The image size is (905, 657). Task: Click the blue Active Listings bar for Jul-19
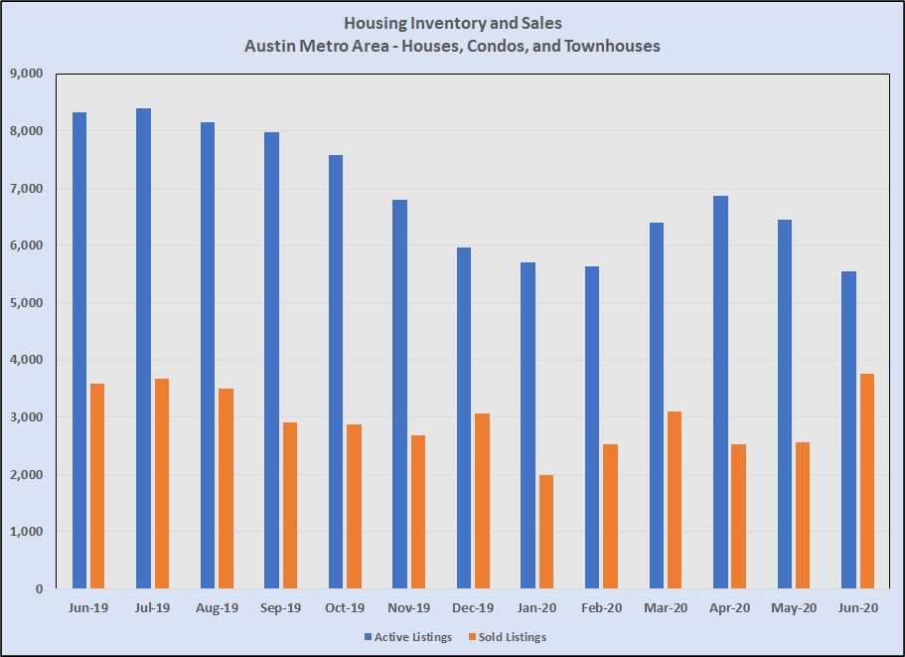(x=144, y=348)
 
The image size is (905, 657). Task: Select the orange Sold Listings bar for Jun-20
(x=867, y=481)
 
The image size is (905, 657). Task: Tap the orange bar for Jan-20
(x=546, y=532)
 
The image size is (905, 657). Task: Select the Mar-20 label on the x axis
(x=666, y=607)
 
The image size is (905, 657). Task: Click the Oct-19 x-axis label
(x=345, y=607)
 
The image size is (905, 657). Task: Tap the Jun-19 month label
(x=89, y=607)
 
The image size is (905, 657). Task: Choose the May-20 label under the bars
(x=794, y=607)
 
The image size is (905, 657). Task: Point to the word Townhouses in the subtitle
(x=611, y=46)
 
